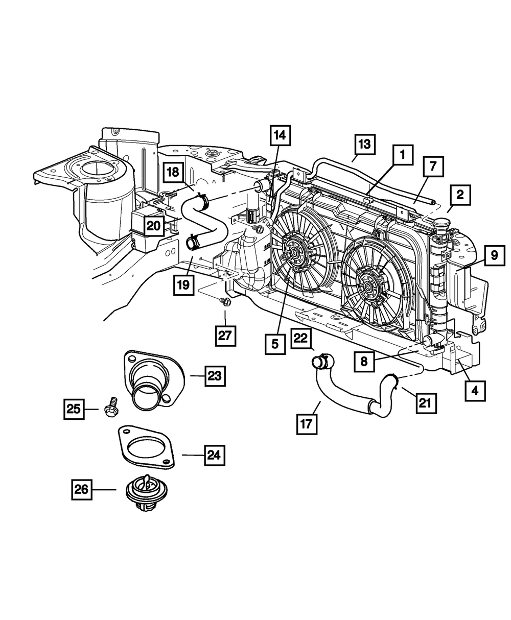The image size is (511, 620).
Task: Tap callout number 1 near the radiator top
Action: point(402,154)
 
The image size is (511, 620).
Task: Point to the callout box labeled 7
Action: point(433,166)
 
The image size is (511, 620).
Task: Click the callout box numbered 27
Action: point(225,336)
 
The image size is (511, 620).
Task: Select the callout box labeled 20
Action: point(154,225)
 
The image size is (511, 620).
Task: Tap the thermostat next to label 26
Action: point(142,493)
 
